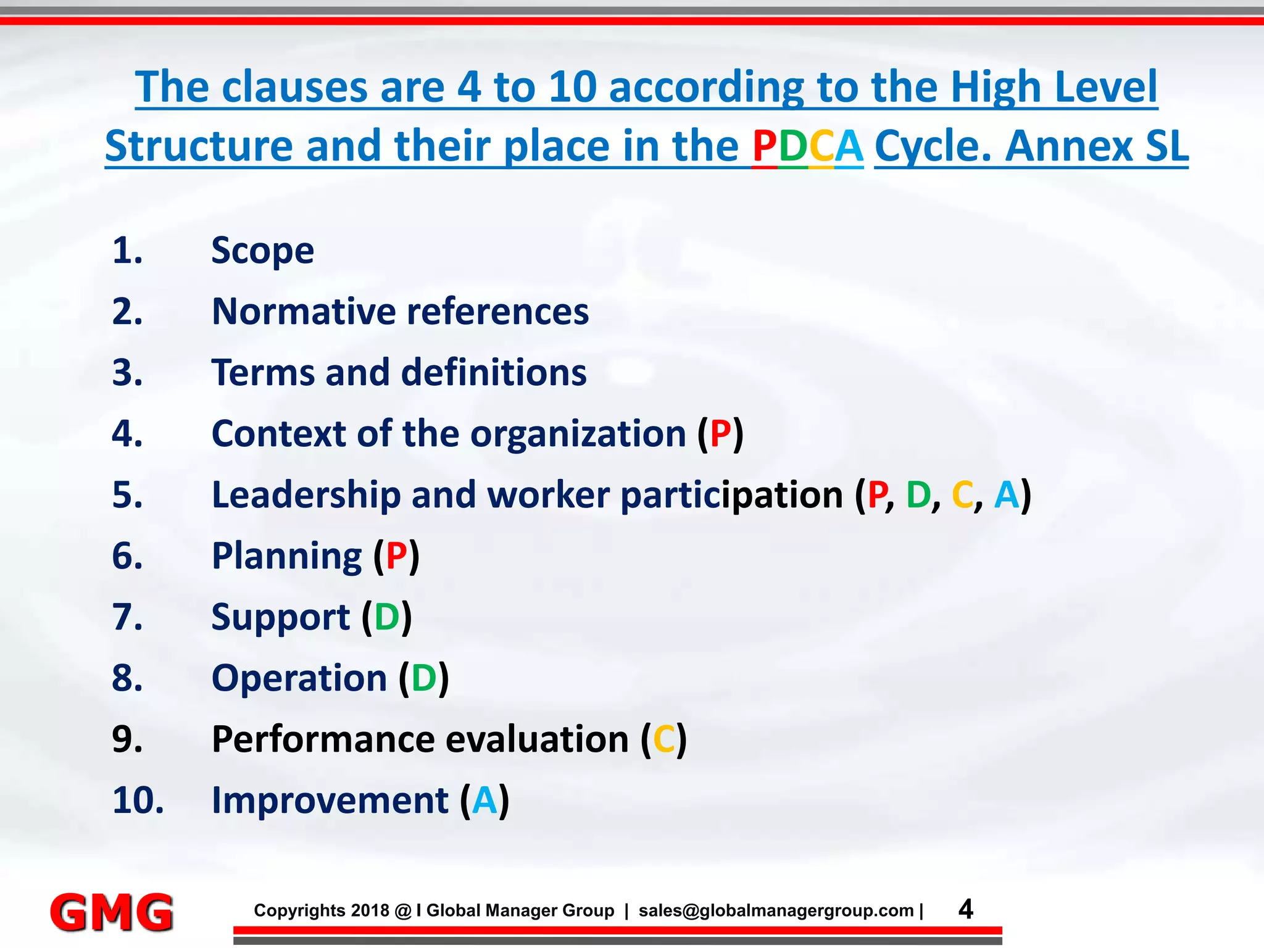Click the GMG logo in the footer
(x=112, y=912)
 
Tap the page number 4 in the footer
(x=966, y=909)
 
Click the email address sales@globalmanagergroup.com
(x=776, y=910)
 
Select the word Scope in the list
(x=262, y=251)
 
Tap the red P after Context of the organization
(x=720, y=433)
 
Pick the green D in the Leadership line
(x=918, y=495)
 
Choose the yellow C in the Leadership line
(x=963, y=495)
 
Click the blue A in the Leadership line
(x=1007, y=495)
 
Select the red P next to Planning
(x=396, y=556)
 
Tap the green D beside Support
(x=387, y=617)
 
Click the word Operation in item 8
(x=299, y=678)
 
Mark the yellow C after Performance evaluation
(x=664, y=739)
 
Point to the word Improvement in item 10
(x=330, y=800)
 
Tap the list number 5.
(x=128, y=495)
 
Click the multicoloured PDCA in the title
(x=807, y=146)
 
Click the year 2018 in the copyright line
(x=370, y=910)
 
